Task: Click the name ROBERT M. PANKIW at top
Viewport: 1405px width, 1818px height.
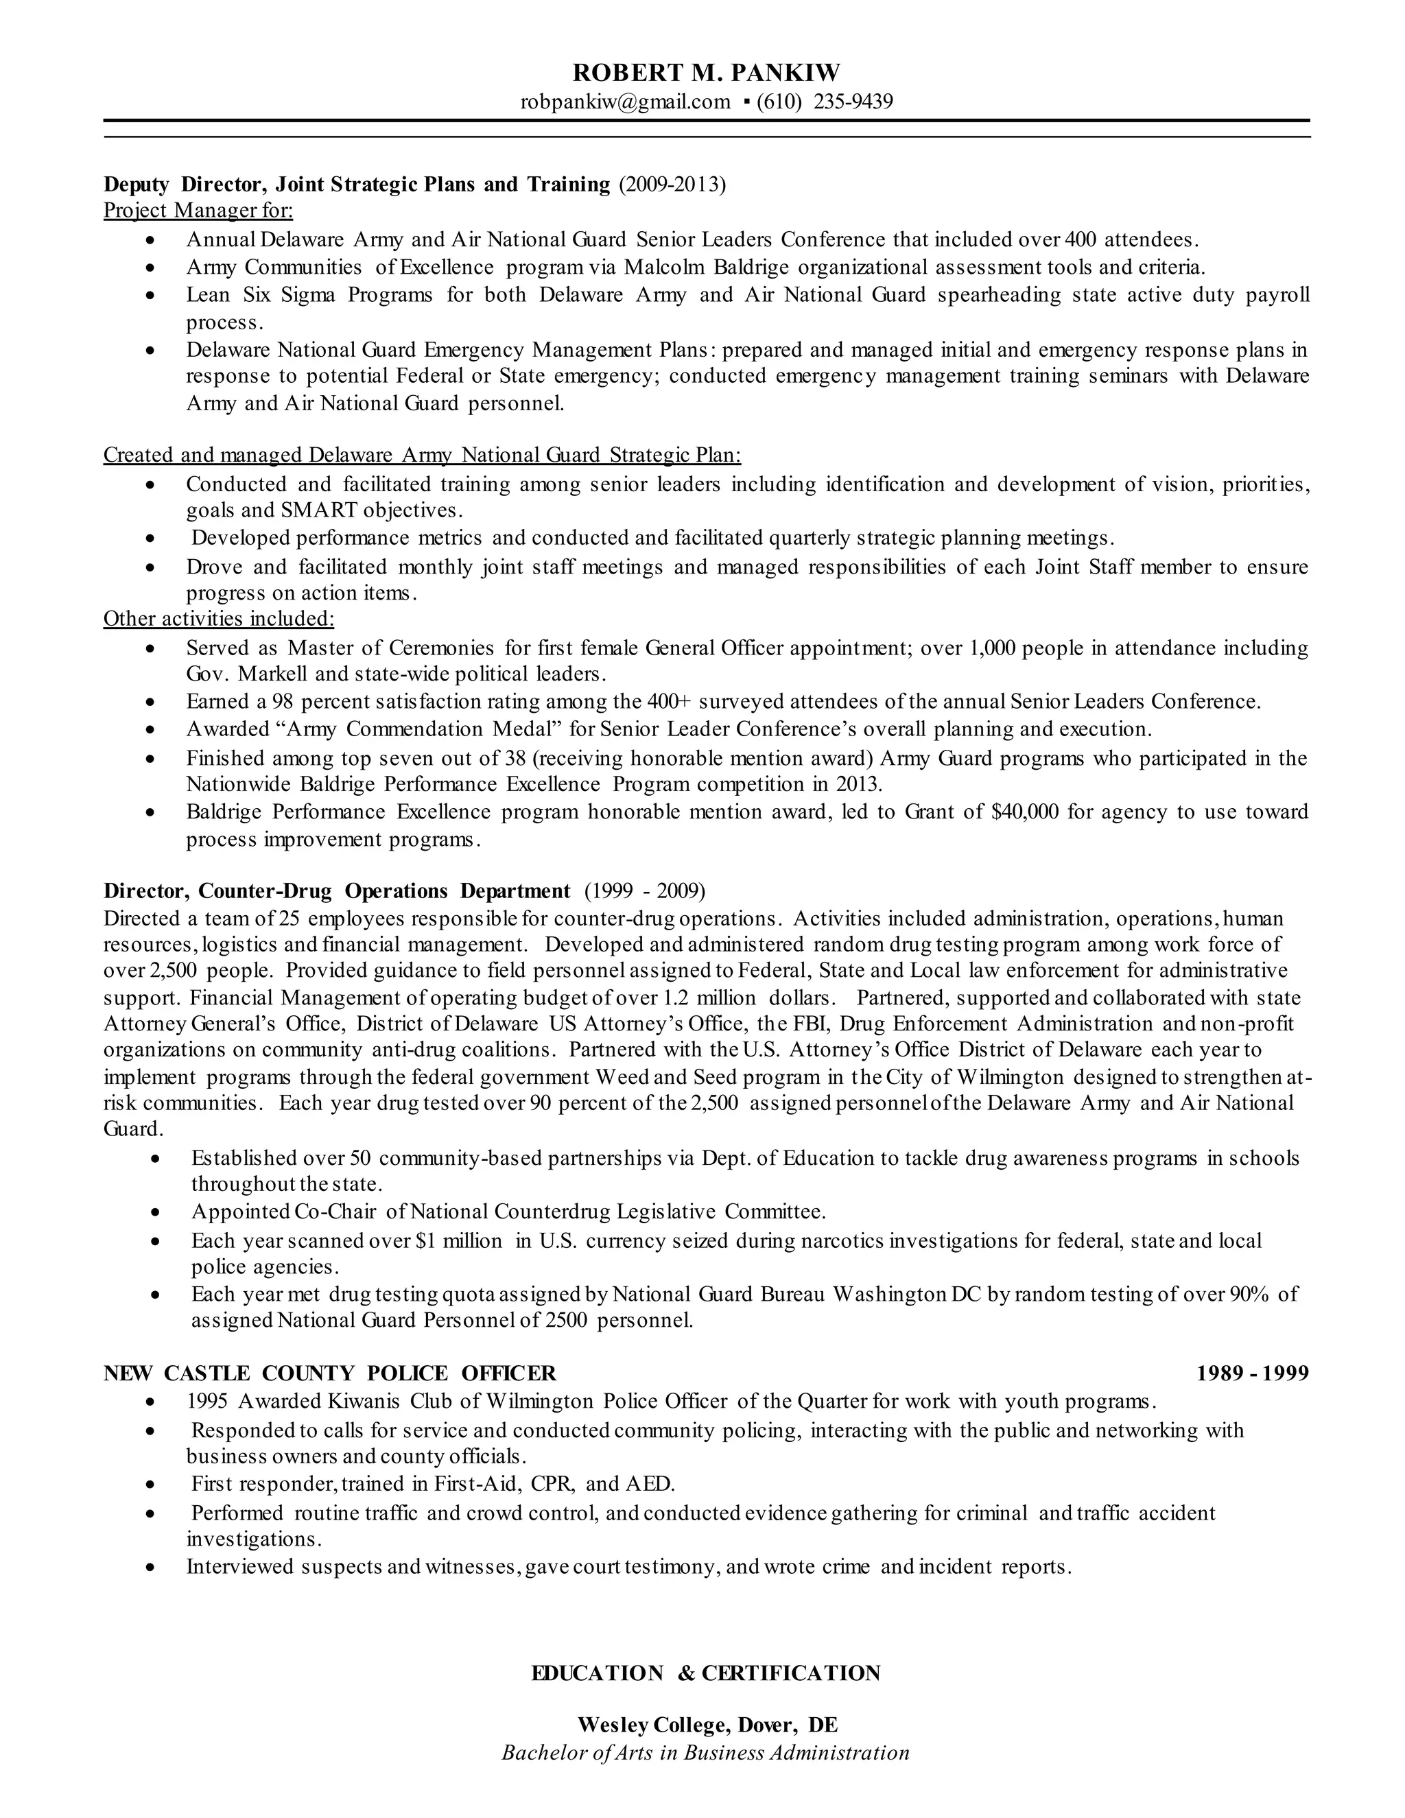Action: (x=706, y=73)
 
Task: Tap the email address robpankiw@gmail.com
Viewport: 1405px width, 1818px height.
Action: (x=625, y=102)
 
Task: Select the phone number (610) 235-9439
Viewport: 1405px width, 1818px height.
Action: (x=825, y=102)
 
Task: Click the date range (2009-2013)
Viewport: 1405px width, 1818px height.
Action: (x=672, y=184)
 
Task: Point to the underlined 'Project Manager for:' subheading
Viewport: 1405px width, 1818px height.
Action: (x=198, y=210)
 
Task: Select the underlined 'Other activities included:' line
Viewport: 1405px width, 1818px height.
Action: (x=219, y=619)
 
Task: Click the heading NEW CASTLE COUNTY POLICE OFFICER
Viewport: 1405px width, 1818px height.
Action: (x=329, y=1373)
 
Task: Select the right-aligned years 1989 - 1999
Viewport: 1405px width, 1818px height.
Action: (x=1252, y=1373)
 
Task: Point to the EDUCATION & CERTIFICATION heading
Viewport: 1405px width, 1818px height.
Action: (x=706, y=1673)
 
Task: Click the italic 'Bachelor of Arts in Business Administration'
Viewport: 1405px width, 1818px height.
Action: (x=706, y=1752)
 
